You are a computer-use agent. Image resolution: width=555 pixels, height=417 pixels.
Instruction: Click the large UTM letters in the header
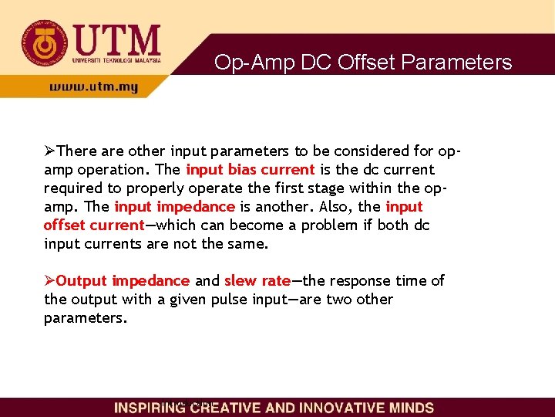tap(116, 39)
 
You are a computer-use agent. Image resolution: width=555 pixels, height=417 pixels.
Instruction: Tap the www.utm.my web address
tap(93, 87)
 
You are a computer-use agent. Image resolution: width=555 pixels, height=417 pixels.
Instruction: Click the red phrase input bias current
tap(250, 169)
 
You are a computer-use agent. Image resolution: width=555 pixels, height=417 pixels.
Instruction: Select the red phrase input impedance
tap(174, 206)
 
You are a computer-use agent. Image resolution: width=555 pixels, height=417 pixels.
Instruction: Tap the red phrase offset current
tap(94, 225)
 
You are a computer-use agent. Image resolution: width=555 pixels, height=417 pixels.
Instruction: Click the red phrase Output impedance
tap(123, 280)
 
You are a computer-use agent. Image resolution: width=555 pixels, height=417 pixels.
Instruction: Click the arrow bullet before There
tap(50, 151)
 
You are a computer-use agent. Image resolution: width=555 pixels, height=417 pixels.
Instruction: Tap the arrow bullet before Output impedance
tap(50, 280)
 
